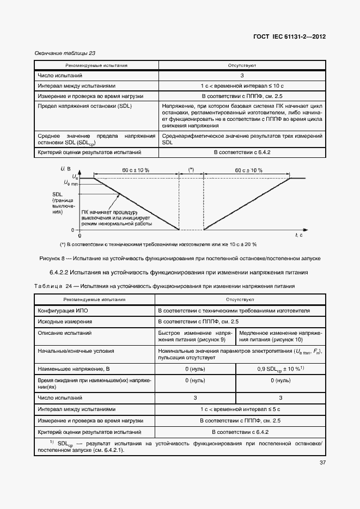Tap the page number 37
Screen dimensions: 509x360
pyautogui.click(x=322, y=463)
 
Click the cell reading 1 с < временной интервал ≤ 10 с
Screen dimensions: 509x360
pyautogui.click(x=241, y=86)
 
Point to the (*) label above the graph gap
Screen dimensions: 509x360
pyautogui.click(x=191, y=170)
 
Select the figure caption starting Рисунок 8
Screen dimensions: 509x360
pyautogui.click(x=180, y=258)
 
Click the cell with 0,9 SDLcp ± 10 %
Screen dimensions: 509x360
pyautogui.click(x=280, y=370)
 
